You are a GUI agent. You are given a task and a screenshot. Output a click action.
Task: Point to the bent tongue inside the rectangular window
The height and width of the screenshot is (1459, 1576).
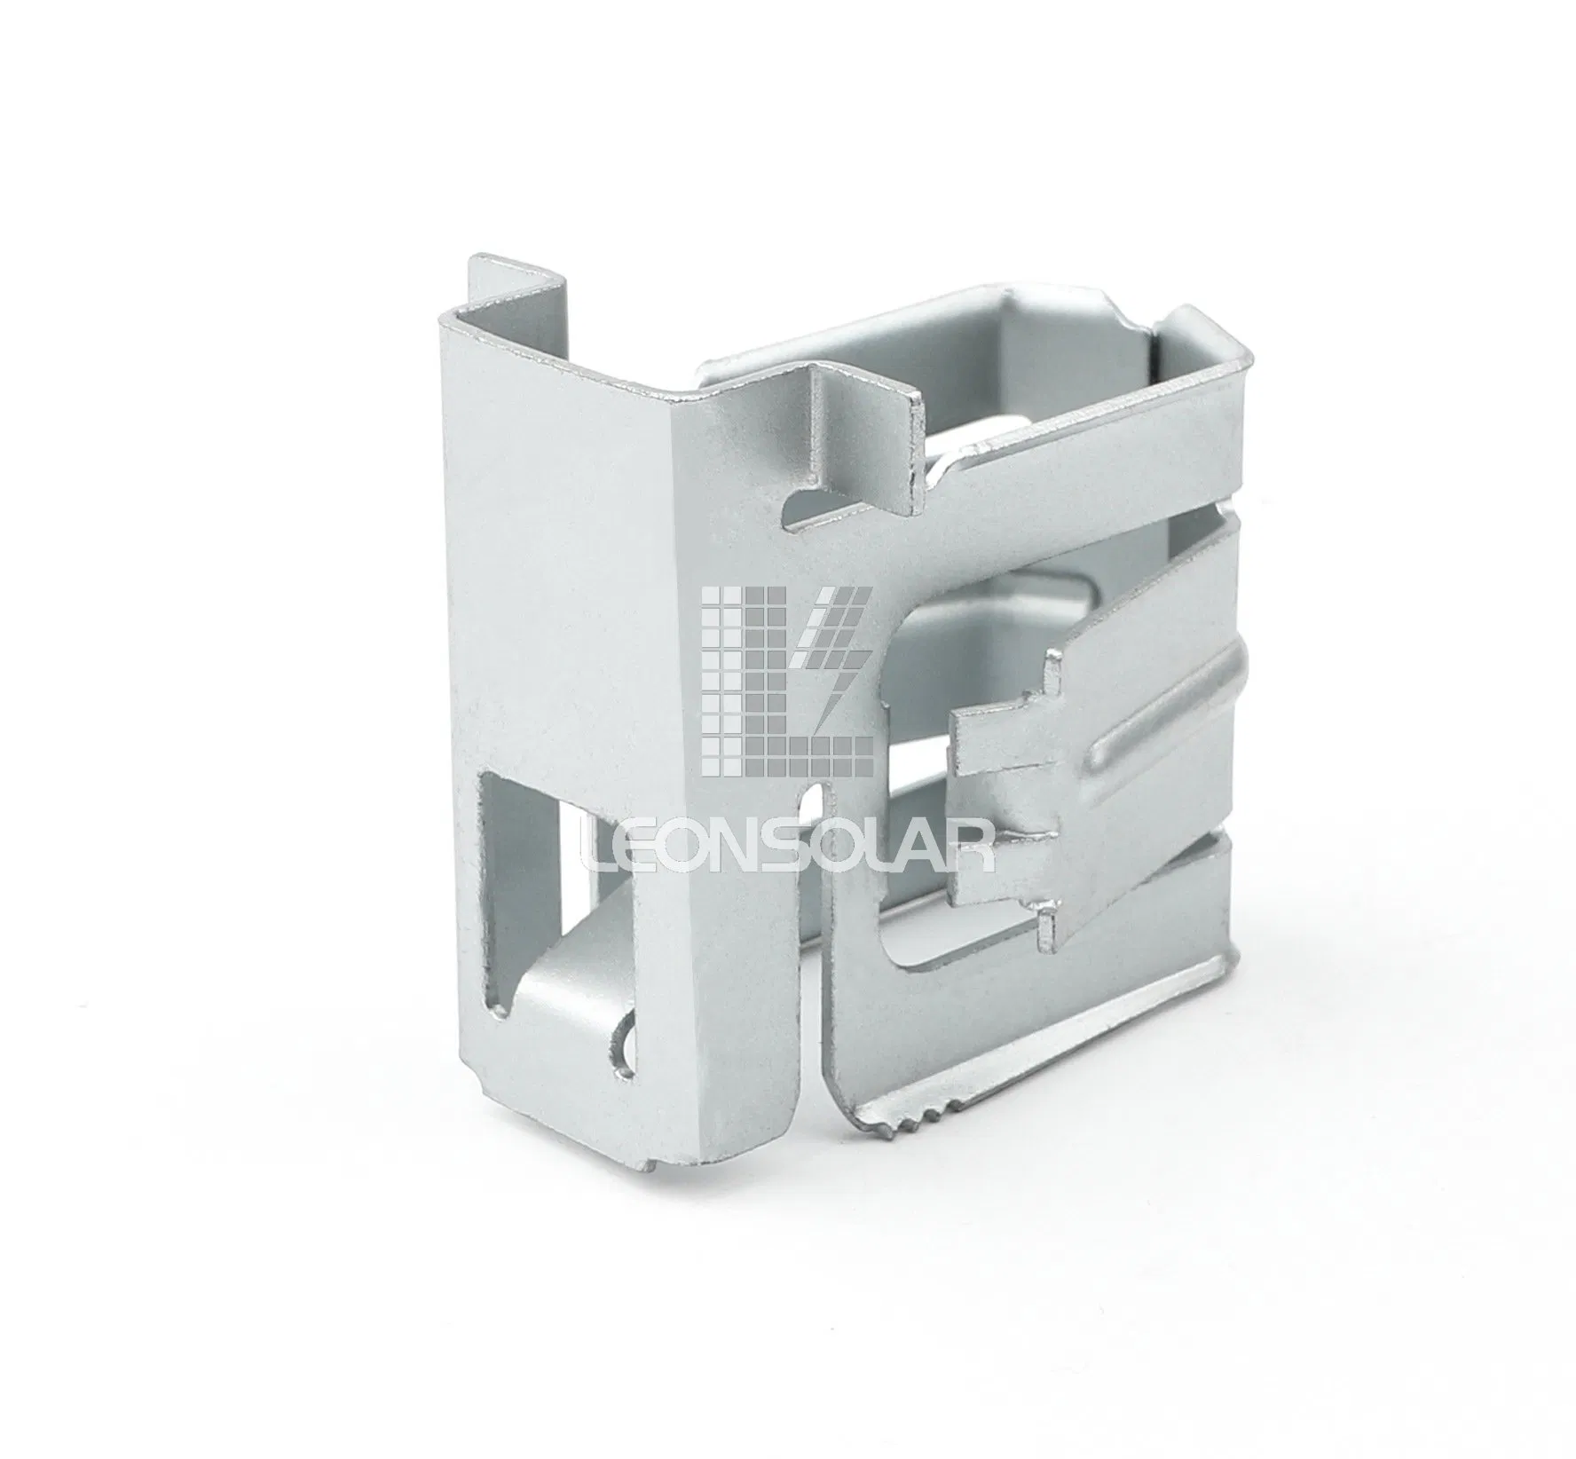coord(568,994)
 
